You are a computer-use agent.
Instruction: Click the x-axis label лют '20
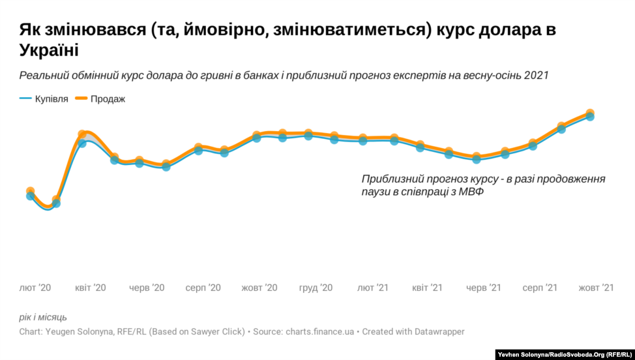click(35, 288)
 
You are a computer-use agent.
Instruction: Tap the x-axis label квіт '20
click(90, 288)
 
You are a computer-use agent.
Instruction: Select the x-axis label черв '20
click(147, 288)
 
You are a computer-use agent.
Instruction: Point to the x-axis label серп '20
click(203, 288)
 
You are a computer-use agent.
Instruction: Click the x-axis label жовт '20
click(259, 288)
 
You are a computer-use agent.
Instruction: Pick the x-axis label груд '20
click(316, 288)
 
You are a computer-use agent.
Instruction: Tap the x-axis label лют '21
click(373, 288)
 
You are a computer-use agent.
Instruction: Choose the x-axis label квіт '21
click(428, 288)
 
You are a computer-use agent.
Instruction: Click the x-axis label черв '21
click(484, 288)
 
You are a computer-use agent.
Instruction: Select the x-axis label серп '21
click(540, 288)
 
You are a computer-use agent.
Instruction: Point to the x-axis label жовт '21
click(597, 288)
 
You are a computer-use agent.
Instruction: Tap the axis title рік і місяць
click(43, 317)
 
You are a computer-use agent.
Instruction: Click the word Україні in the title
click(49, 51)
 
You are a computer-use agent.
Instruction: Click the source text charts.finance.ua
click(319, 331)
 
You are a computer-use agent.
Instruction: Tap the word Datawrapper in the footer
click(436, 331)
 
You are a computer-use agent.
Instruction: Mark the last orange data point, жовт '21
click(589, 113)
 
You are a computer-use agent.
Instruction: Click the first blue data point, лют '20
click(30, 196)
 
